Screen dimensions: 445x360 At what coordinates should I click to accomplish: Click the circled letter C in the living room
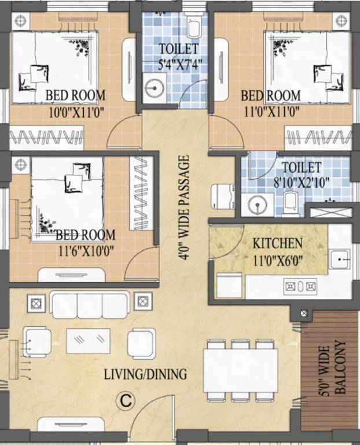pyautogui.click(x=123, y=399)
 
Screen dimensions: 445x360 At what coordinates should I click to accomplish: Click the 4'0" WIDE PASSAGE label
pyautogui.click(x=184, y=207)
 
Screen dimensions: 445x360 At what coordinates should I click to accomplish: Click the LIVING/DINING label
pyautogui.click(x=145, y=374)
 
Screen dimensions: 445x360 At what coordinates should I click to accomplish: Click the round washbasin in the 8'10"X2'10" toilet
pyautogui.click(x=257, y=204)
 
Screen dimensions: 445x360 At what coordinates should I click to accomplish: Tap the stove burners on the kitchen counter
pyautogui.click(x=299, y=285)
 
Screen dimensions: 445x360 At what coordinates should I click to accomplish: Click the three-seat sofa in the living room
pyautogui.click(x=90, y=304)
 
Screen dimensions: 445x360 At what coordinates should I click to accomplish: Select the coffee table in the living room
pyautogui.click(x=88, y=341)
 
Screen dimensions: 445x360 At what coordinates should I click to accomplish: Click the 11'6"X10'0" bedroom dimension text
pyautogui.click(x=85, y=251)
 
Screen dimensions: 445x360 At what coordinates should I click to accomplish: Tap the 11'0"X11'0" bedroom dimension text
pyautogui.click(x=271, y=111)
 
